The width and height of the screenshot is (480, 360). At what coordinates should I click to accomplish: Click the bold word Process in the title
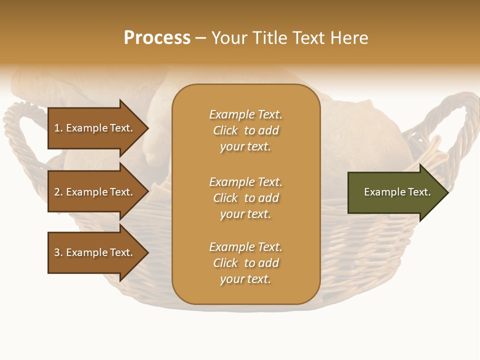pyautogui.click(x=157, y=38)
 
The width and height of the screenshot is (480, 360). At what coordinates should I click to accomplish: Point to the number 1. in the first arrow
pyautogui.click(x=58, y=128)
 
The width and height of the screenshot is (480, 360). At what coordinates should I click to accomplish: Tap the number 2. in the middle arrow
pyautogui.click(x=58, y=192)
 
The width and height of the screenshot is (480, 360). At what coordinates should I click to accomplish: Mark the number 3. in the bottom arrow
pyautogui.click(x=58, y=252)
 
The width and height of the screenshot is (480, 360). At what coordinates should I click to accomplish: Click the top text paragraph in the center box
pyautogui.click(x=245, y=130)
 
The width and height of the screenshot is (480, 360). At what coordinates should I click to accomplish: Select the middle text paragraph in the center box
pyautogui.click(x=245, y=198)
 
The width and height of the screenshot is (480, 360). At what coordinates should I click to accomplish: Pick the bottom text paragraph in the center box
pyautogui.click(x=245, y=263)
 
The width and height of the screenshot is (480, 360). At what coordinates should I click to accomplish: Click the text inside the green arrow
pyautogui.click(x=397, y=192)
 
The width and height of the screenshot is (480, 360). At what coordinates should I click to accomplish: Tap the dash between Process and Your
pyautogui.click(x=200, y=38)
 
